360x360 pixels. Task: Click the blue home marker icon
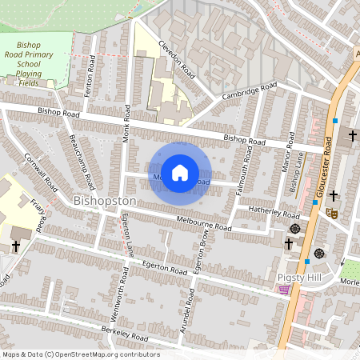pos(181,173)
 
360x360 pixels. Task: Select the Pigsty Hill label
pos(298,277)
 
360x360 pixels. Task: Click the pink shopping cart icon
pos(284,290)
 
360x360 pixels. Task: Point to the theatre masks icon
pos(331,213)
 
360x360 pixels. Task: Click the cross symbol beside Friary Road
pos(15,246)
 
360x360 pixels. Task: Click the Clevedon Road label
pos(176,61)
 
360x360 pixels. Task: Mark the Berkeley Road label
pos(124,333)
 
